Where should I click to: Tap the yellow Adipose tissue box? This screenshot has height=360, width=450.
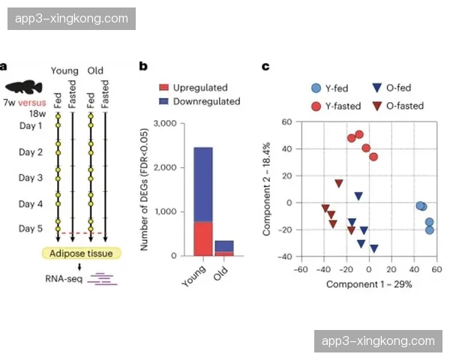pyautogui.click(x=83, y=253)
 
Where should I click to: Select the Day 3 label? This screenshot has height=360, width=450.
pyautogui.click(x=31, y=178)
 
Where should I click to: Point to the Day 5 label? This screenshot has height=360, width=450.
pyautogui.click(x=31, y=229)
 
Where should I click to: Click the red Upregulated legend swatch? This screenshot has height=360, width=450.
pyautogui.click(x=163, y=88)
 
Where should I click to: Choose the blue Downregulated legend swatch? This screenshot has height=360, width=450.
pyautogui.click(x=163, y=101)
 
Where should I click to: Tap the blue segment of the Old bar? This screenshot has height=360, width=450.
pyautogui.click(x=224, y=246)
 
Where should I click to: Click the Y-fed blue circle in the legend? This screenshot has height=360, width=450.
pyautogui.click(x=317, y=88)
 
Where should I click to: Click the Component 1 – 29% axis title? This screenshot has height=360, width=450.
pyautogui.click(x=368, y=284)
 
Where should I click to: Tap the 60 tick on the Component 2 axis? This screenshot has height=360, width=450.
pyautogui.click(x=286, y=121)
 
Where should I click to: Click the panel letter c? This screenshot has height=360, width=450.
pyautogui.click(x=265, y=66)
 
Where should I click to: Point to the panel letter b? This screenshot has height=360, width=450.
pyautogui.click(x=143, y=66)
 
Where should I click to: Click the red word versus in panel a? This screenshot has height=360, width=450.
pyautogui.click(x=32, y=101)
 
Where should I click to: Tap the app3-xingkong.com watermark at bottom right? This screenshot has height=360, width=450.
pyautogui.click(x=377, y=341)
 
